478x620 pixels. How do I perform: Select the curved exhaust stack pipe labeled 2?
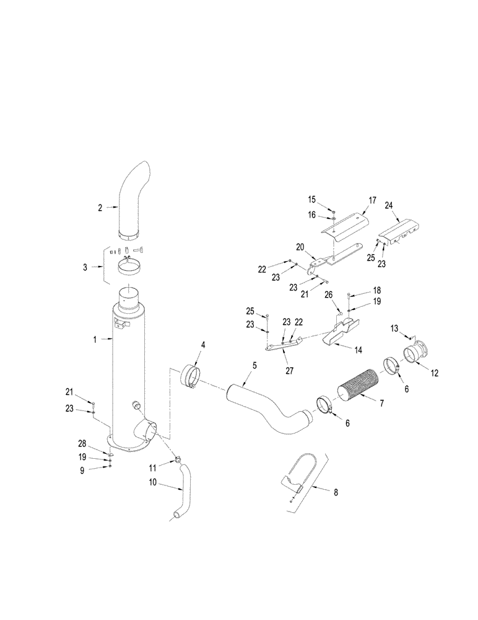tap(133, 201)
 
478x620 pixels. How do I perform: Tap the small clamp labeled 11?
tap(177, 460)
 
